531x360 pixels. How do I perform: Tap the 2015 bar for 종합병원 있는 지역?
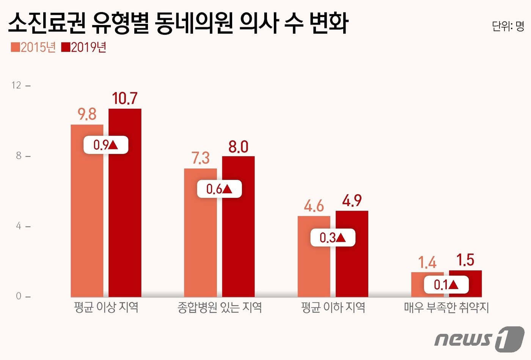pyautogui.click(x=200, y=243)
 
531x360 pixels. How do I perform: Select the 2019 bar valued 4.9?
pyautogui.click(x=352, y=265)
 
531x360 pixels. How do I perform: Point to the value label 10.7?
pyautogui.click(x=125, y=99)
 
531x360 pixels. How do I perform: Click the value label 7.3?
pyautogui.click(x=200, y=158)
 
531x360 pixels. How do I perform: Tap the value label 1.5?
pyautogui.click(x=465, y=260)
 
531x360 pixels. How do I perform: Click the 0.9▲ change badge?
pyautogui.click(x=106, y=145)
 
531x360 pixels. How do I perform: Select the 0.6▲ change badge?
pyautogui.click(x=219, y=189)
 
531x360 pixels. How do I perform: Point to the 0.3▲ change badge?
pyautogui.click(x=333, y=238)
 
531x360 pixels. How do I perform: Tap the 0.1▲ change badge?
pyautogui.click(x=446, y=285)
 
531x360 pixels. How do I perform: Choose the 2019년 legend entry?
pyautogui.click(x=84, y=47)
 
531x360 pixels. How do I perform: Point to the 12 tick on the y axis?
pyautogui.click(x=17, y=85)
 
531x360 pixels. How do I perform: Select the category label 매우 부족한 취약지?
pyautogui.click(x=446, y=307)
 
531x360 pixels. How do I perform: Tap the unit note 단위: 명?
pyautogui.click(x=508, y=26)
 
